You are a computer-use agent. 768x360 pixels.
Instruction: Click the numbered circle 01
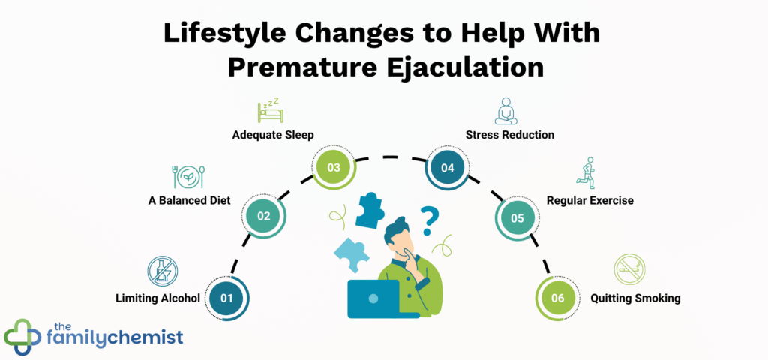[226, 298]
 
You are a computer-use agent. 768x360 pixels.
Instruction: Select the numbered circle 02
[264, 216]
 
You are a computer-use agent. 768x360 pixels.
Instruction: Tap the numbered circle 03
[333, 167]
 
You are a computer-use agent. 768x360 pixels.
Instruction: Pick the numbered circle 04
[448, 167]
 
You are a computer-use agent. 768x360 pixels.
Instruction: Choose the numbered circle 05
[517, 218]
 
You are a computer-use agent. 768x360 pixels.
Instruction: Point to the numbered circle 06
[557, 298]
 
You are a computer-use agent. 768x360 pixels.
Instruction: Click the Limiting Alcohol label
[157, 298]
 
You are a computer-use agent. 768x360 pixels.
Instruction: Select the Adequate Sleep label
[273, 135]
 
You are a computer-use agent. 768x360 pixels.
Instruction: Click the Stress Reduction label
[510, 135]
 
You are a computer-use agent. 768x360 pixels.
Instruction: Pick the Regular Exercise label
[590, 200]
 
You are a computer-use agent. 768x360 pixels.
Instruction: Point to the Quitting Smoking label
[635, 298]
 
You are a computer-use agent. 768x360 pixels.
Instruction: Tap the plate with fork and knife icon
[188, 176]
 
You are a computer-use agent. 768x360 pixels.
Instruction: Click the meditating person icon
[505, 110]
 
